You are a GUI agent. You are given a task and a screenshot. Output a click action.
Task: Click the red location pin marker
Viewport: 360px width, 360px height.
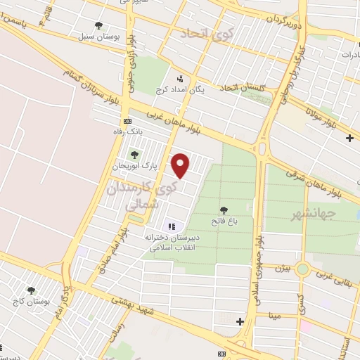tap(181, 165)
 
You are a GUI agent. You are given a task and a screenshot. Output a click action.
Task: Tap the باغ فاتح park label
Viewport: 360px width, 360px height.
tap(224, 221)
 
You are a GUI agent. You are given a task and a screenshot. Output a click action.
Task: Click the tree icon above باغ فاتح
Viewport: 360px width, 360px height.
tap(224, 210)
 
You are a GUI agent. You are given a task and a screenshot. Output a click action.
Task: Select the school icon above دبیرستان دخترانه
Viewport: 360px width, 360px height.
tap(171, 226)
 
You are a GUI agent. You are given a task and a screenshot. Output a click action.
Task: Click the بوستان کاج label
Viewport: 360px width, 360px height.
tap(28, 301)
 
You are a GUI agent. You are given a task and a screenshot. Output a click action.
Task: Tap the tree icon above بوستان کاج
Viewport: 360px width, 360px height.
tap(31, 290)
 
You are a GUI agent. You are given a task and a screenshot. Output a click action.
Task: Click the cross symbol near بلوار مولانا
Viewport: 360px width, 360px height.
tap(350, 138)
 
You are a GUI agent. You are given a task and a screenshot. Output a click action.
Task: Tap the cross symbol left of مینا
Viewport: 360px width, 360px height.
tap(240, 321)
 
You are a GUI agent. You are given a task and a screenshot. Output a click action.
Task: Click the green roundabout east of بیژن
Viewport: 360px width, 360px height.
tap(302, 269)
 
